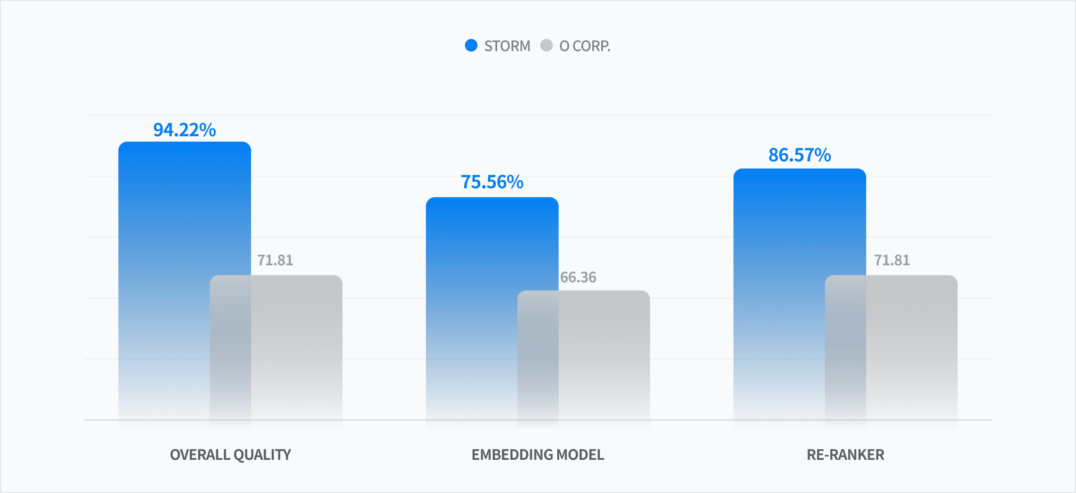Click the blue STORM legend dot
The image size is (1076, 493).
coord(471,45)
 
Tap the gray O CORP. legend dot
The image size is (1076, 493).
coord(547,45)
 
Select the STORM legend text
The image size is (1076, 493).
coord(507,46)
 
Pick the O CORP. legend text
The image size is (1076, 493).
coord(585,46)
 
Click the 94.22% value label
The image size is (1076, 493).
coord(185,130)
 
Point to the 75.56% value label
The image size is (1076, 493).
coord(492,182)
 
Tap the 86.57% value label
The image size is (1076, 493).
coord(800,155)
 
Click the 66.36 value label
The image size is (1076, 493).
coord(578,277)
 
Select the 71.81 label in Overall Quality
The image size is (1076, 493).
coord(275,260)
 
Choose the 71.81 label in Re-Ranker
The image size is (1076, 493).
coord(892,260)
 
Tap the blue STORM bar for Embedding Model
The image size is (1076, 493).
coord(492,309)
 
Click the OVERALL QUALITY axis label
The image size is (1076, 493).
coord(230,455)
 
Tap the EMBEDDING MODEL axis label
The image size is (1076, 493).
coord(538,455)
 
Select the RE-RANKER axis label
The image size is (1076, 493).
coord(846,455)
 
